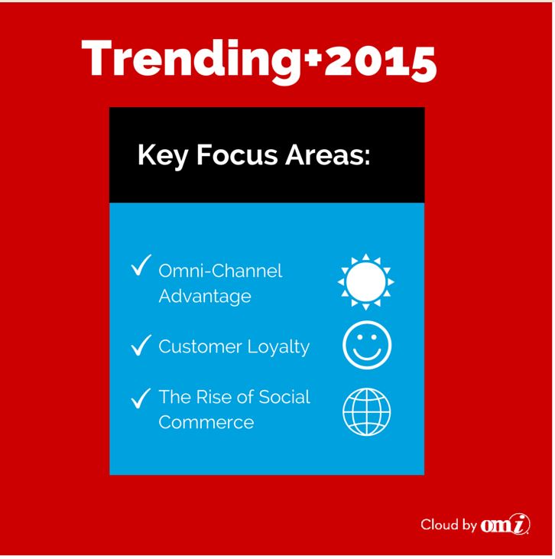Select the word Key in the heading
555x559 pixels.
[x=163, y=156]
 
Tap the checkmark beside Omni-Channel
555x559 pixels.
[x=141, y=265]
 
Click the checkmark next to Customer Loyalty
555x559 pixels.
[x=141, y=345]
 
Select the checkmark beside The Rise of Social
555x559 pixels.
[x=141, y=398]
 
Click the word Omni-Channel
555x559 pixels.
[x=220, y=271]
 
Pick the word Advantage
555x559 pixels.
[x=205, y=297]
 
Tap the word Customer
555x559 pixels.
[x=200, y=346]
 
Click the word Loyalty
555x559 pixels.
[x=278, y=347]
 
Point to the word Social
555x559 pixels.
[x=284, y=397]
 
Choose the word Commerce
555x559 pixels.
[x=206, y=422]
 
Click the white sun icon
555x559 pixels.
[x=365, y=282]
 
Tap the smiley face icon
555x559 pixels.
[x=367, y=345]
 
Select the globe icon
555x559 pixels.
[x=367, y=411]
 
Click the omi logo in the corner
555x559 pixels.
[x=505, y=525]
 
